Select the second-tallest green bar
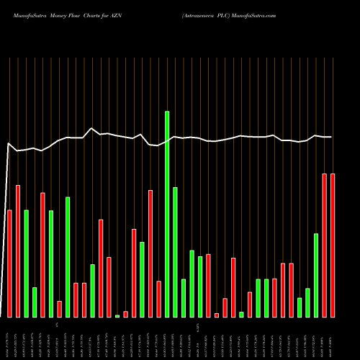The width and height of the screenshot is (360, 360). [x=175, y=252]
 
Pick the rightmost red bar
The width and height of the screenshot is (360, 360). [x=333, y=245]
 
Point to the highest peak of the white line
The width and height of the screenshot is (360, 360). [x=91, y=129]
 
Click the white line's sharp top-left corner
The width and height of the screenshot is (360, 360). [x=9, y=143]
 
